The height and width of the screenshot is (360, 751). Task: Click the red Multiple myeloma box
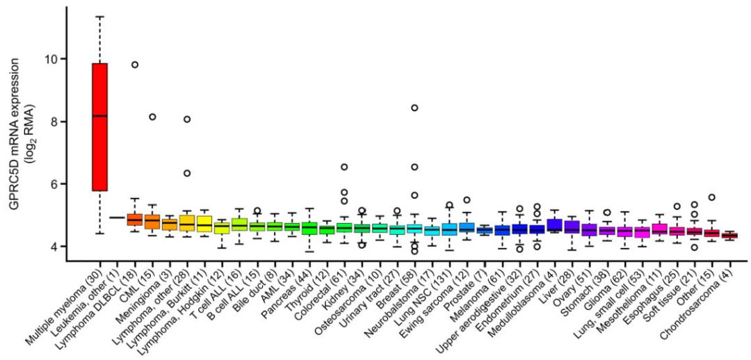[x=100, y=153]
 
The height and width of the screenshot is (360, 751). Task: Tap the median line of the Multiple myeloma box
[x=100, y=116]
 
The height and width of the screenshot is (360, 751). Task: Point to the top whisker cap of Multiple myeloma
[x=100, y=17]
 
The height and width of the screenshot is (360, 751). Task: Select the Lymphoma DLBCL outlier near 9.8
[x=135, y=65]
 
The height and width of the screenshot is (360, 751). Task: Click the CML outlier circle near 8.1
[x=152, y=117]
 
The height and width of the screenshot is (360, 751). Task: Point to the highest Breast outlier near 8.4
[x=414, y=108]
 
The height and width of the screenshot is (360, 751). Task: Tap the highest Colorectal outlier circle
[x=344, y=167]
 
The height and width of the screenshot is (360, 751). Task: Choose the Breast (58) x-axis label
[x=396, y=285]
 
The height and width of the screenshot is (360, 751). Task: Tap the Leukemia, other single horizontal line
[x=118, y=218]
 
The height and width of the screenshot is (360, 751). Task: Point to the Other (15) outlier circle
[x=711, y=197]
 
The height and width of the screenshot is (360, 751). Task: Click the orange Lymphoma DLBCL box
[x=135, y=220]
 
